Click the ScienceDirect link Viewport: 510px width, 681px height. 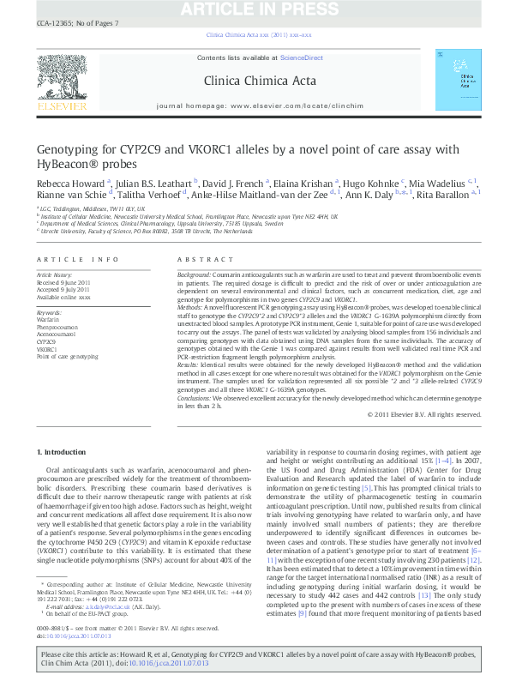pyautogui.click(x=302, y=57)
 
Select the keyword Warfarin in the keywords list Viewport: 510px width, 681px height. pyautogui.click(x=48, y=320)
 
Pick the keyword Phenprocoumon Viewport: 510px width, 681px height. pyautogui.click(x=57, y=327)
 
